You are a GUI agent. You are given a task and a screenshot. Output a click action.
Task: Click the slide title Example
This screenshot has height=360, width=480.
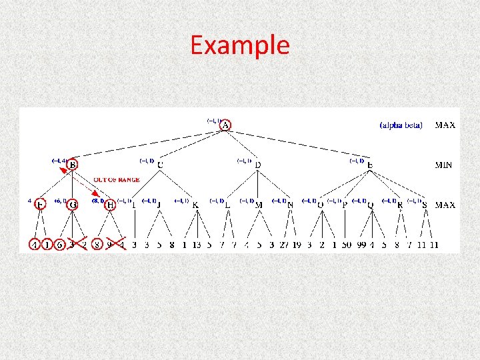click(x=240, y=45)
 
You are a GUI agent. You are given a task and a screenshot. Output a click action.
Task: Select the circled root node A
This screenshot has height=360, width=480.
click(x=226, y=125)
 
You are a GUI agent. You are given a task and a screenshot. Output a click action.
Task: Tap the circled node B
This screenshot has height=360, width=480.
click(x=73, y=165)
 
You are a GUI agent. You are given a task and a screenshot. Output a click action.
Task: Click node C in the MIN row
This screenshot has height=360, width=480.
click(x=160, y=165)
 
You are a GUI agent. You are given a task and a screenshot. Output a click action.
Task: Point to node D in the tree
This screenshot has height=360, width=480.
click(x=258, y=165)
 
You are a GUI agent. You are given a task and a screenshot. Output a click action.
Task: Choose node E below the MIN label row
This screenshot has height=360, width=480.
click(x=370, y=165)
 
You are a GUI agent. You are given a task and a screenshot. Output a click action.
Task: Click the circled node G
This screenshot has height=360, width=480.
click(x=73, y=205)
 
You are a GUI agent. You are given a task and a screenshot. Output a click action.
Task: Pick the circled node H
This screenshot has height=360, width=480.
click(x=110, y=205)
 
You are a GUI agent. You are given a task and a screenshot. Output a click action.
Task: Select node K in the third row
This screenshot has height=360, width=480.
click(x=195, y=205)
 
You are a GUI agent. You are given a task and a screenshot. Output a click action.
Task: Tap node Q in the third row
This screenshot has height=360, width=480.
click(x=371, y=205)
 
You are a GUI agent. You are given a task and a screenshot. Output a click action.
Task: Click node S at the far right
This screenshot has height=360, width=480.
click(x=425, y=205)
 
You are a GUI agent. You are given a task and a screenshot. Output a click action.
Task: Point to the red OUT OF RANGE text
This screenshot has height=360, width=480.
click(x=117, y=180)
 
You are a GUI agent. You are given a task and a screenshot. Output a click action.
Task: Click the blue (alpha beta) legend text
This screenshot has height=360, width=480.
click(x=401, y=125)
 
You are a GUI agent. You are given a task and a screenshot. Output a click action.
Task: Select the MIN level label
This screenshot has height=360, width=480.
click(x=445, y=165)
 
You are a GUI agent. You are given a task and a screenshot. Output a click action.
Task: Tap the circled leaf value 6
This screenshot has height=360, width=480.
click(x=59, y=245)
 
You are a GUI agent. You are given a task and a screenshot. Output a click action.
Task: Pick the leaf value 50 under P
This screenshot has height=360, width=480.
click(x=347, y=245)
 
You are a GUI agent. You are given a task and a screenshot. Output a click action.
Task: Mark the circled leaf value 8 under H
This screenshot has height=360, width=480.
click(x=98, y=245)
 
